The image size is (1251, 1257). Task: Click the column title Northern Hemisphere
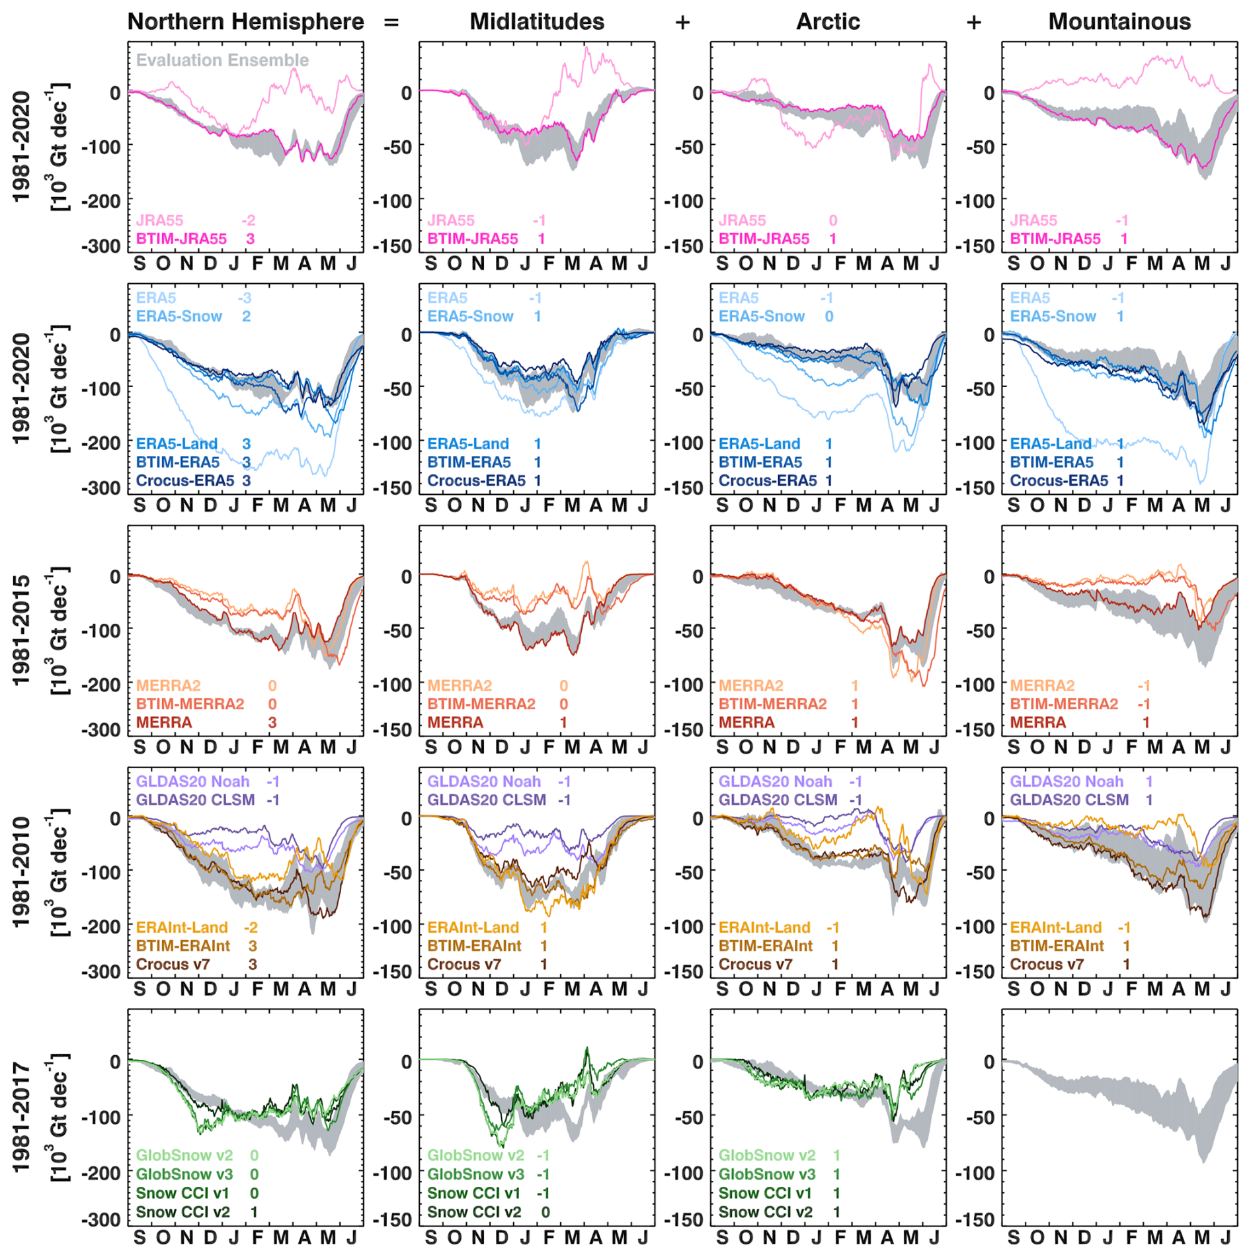tap(245, 22)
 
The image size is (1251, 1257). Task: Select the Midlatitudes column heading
tap(536, 22)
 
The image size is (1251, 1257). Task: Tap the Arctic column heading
tap(827, 22)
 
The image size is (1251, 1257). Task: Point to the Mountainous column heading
tap(1119, 22)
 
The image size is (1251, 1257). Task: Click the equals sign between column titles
tap(391, 22)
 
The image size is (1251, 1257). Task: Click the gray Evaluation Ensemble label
tap(222, 60)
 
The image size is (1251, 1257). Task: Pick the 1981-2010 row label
tap(21, 871)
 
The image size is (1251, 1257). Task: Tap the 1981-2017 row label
tap(21, 1117)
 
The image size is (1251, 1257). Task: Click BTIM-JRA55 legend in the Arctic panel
tap(764, 239)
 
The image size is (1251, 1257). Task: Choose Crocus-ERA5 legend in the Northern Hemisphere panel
tap(185, 481)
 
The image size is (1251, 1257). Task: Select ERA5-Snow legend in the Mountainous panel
tap(1053, 316)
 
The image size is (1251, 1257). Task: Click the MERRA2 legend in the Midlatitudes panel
tap(460, 685)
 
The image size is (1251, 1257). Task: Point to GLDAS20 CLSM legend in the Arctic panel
tap(778, 800)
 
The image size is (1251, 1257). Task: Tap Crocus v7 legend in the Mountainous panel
tap(1047, 965)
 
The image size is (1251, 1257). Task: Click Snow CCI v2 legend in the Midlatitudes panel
tap(473, 1212)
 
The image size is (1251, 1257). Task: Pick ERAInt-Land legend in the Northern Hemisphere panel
tap(182, 928)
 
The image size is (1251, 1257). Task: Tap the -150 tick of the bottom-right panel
tap(975, 1219)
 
